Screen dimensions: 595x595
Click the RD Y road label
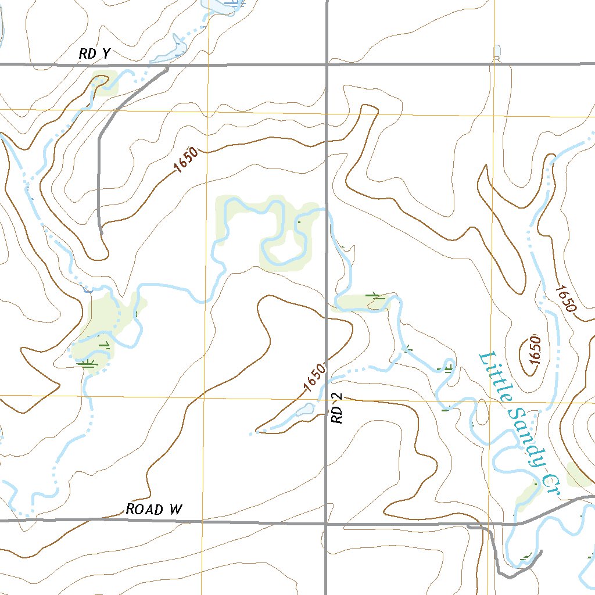click(x=95, y=54)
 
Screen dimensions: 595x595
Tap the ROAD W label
click(x=155, y=510)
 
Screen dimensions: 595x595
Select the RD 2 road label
click(x=338, y=408)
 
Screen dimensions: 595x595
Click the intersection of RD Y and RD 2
click(x=327, y=64)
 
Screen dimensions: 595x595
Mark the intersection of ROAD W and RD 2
click(x=325, y=522)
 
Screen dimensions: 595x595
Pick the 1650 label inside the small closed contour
click(x=535, y=350)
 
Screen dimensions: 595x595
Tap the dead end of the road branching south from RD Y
click(x=101, y=232)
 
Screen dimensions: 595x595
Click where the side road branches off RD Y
click(x=169, y=65)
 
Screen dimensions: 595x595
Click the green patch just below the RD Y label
click(x=105, y=83)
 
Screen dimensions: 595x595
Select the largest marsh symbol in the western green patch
click(x=88, y=363)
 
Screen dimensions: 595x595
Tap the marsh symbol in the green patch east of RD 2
click(x=375, y=297)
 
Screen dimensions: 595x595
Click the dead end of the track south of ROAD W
click(x=541, y=551)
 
